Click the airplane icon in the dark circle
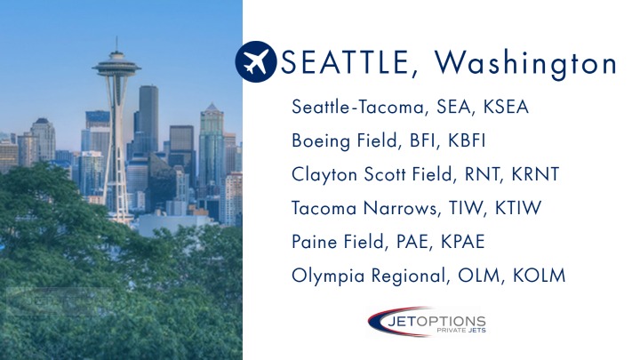coord(256,62)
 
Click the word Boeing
coord(318,141)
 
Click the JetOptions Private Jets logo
coord(427,322)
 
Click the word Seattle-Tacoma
coord(360,108)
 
